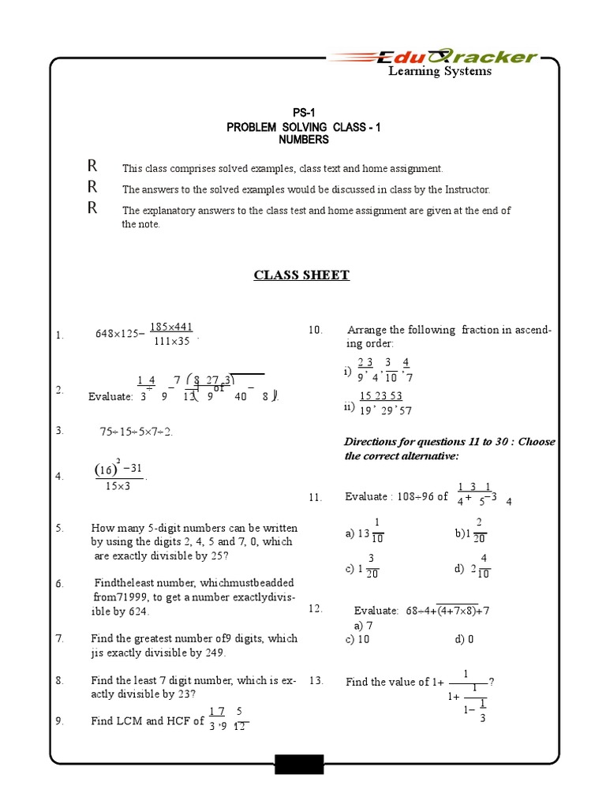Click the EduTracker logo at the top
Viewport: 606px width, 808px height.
click(x=433, y=56)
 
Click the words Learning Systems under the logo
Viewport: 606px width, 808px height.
click(x=439, y=72)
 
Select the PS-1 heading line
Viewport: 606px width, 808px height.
click(x=303, y=113)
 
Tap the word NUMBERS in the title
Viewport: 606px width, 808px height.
click(x=303, y=140)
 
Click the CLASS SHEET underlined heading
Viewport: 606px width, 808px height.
click(x=301, y=275)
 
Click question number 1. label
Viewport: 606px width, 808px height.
click(x=59, y=335)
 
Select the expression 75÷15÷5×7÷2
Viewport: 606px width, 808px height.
click(x=136, y=432)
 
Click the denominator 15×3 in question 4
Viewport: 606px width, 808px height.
click(x=119, y=486)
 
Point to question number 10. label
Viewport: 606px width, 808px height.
click(x=316, y=331)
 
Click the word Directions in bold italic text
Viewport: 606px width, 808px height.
click(x=372, y=442)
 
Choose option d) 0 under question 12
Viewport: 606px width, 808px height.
click(x=464, y=639)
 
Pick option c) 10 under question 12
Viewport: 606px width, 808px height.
click(x=357, y=639)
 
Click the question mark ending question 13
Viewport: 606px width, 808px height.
click(x=492, y=682)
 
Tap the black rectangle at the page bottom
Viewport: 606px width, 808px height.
click(x=299, y=764)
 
